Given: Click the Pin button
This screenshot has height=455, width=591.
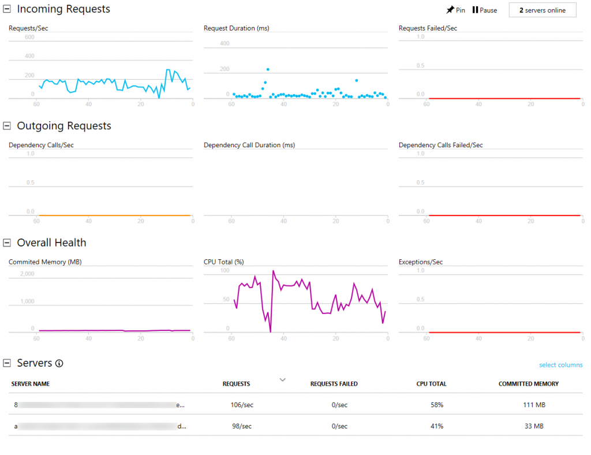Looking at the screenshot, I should (x=455, y=10).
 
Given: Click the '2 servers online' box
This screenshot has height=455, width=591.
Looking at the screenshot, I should (x=542, y=10).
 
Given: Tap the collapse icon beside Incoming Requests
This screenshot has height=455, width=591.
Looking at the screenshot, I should (x=7, y=9).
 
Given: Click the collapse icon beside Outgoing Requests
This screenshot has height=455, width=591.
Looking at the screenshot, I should (x=7, y=126).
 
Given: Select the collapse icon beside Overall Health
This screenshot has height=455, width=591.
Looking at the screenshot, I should (x=7, y=243).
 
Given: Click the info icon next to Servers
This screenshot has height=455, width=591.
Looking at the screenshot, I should (x=59, y=363).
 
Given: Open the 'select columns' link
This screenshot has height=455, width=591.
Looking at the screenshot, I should (x=560, y=365).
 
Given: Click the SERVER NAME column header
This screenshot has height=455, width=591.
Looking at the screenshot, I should (x=31, y=384).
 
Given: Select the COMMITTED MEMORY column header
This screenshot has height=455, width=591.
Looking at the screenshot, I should (x=528, y=384).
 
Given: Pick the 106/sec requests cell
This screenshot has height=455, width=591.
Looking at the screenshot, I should (x=242, y=405).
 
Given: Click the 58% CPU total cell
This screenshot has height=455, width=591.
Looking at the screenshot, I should (x=437, y=405).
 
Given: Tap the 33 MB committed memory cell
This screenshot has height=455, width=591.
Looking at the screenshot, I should (x=534, y=426).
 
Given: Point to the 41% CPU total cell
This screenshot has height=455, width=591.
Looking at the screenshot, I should (x=437, y=426).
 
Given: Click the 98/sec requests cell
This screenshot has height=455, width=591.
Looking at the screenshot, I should (x=242, y=426).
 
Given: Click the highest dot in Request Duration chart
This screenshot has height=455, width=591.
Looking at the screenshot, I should (x=268, y=69).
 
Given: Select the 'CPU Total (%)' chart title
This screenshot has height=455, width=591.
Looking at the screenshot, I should (x=224, y=262).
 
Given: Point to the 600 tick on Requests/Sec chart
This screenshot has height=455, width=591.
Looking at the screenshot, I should (x=29, y=38).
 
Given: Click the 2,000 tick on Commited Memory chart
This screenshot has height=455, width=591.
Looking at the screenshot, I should (x=27, y=274).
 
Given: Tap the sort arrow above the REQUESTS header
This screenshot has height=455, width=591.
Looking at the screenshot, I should (x=282, y=379).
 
